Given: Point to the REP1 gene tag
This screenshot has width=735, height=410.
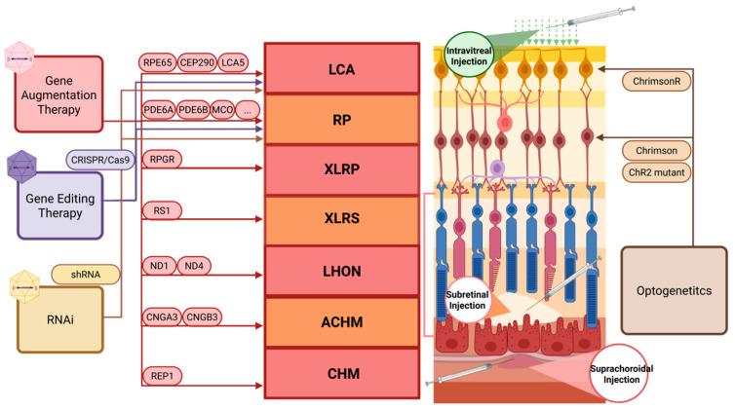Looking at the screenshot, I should [162, 375].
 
